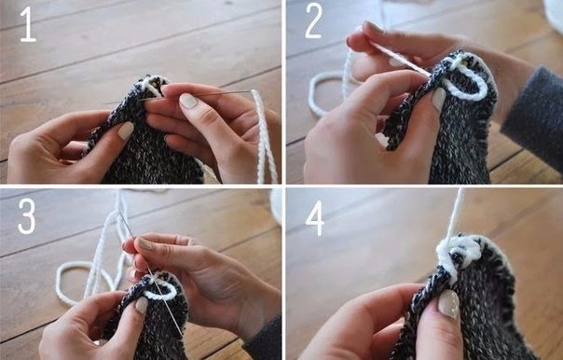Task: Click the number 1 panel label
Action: [x=28, y=24]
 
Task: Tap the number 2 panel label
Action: [x=313, y=21]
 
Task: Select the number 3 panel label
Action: [x=27, y=216]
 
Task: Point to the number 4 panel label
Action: [x=315, y=218]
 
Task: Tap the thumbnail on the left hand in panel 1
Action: [x=126, y=131]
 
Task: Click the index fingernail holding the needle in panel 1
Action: [x=187, y=101]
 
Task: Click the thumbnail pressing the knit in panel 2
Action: [x=438, y=99]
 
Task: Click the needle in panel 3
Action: [x=150, y=272]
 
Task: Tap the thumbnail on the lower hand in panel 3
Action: [x=142, y=305]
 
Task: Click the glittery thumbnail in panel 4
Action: [x=449, y=304]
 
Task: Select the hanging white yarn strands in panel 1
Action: [x=265, y=136]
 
